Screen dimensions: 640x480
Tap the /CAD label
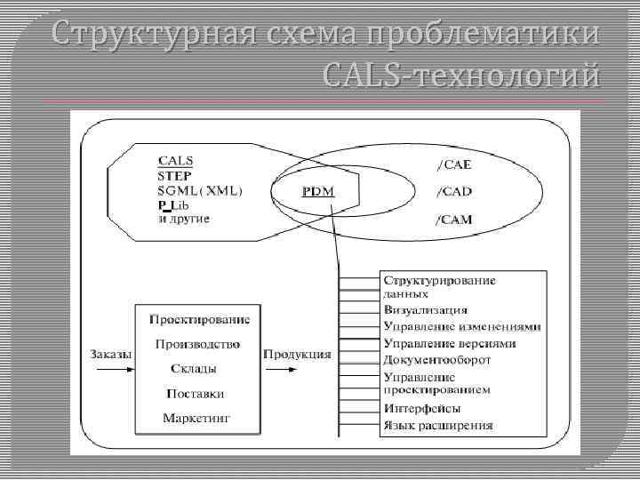(x=454, y=191)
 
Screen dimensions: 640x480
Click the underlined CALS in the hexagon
(x=175, y=161)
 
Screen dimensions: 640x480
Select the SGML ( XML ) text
(x=201, y=190)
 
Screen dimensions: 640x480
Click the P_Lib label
(x=173, y=204)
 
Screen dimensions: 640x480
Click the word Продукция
(x=297, y=354)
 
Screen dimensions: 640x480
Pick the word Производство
(x=197, y=344)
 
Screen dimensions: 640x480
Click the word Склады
(x=194, y=368)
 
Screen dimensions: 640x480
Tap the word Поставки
(x=195, y=393)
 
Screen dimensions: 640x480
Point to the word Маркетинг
(x=196, y=418)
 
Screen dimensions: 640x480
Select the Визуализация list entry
(x=426, y=310)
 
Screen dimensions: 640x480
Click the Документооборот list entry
(x=437, y=360)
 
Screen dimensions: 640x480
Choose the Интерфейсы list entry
(x=422, y=408)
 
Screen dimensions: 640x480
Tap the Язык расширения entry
(x=437, y=425)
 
